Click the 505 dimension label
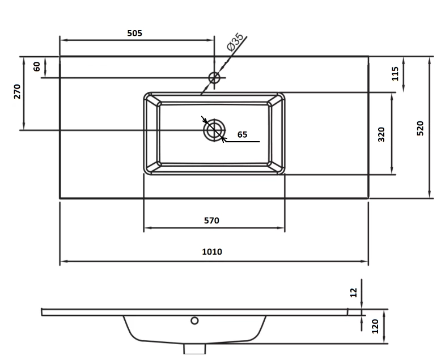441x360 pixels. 134,33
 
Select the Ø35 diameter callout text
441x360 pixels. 235,43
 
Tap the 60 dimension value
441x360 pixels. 37,66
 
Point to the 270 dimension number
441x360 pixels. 17,92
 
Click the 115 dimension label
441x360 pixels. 395,73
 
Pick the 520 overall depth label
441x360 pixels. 420,128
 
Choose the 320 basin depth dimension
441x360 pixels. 381,134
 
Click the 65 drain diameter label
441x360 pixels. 242,134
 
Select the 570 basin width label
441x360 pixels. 211,221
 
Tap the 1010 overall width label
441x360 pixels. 212,252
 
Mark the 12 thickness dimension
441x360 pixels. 354,292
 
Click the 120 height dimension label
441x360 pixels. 375,327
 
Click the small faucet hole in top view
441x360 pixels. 214,78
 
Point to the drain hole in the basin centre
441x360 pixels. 214,130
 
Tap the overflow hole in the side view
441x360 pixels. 194,321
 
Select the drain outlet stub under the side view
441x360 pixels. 194,348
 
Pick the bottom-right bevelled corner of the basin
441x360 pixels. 277,167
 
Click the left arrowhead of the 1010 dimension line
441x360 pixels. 62,262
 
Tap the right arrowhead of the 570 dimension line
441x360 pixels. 281,228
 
